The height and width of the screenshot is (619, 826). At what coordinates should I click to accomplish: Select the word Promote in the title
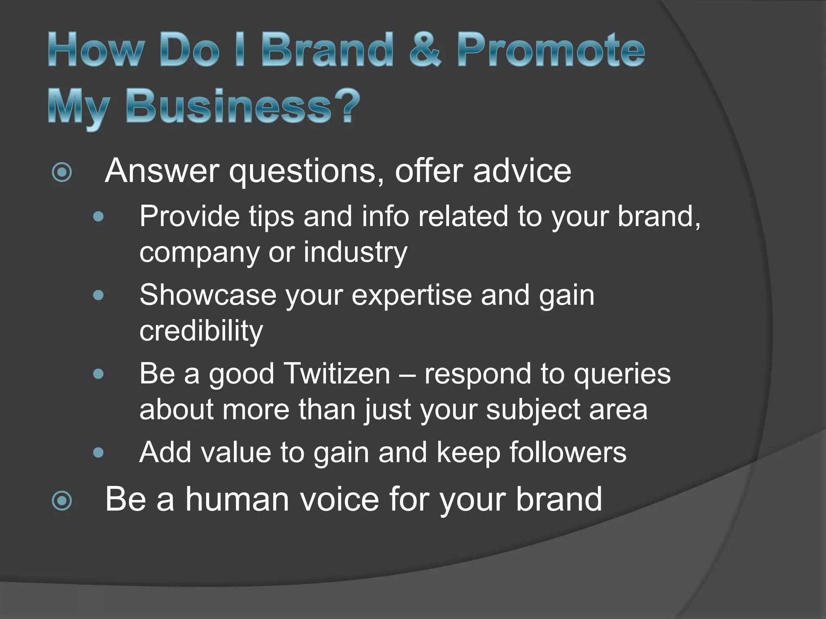551,50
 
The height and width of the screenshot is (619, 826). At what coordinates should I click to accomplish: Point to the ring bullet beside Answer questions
62,172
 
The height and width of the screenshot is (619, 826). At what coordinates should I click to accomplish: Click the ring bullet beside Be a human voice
62,501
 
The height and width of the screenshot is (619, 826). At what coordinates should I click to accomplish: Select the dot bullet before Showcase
98,296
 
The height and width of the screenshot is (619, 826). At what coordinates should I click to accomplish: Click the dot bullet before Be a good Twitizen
98,374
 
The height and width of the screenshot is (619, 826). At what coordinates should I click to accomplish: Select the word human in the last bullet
237,500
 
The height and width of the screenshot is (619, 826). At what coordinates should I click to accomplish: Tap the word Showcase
208,295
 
